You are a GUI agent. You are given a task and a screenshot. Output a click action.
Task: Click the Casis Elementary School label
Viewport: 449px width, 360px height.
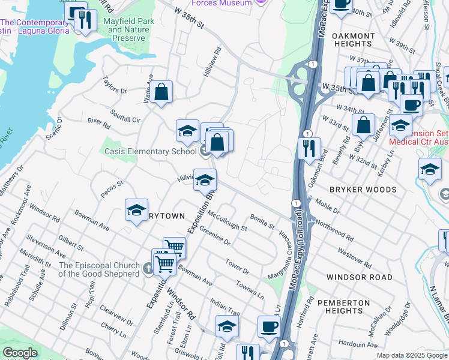click(150, 151)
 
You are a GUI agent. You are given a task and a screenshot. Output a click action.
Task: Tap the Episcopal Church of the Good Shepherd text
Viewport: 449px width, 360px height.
click(99, 270)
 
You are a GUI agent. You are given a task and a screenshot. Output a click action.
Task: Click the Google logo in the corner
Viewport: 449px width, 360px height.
click(20, 353)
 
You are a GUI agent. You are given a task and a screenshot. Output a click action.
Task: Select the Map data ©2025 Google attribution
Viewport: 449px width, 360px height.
click(411, 355)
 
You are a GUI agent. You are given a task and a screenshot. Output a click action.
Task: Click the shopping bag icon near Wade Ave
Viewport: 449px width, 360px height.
click(161, 92)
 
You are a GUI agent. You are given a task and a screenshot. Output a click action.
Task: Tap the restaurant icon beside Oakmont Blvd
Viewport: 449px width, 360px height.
click(309, 149)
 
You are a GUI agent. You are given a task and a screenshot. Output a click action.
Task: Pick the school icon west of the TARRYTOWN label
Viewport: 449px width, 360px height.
click(136, 211)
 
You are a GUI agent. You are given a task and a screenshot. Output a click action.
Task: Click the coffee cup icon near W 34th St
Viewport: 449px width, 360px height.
click(411, 104)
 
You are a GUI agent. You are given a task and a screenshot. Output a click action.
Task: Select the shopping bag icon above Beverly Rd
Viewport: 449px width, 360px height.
click(363, 125)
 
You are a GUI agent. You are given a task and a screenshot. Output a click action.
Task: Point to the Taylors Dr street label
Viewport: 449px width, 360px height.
click(115, 85)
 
